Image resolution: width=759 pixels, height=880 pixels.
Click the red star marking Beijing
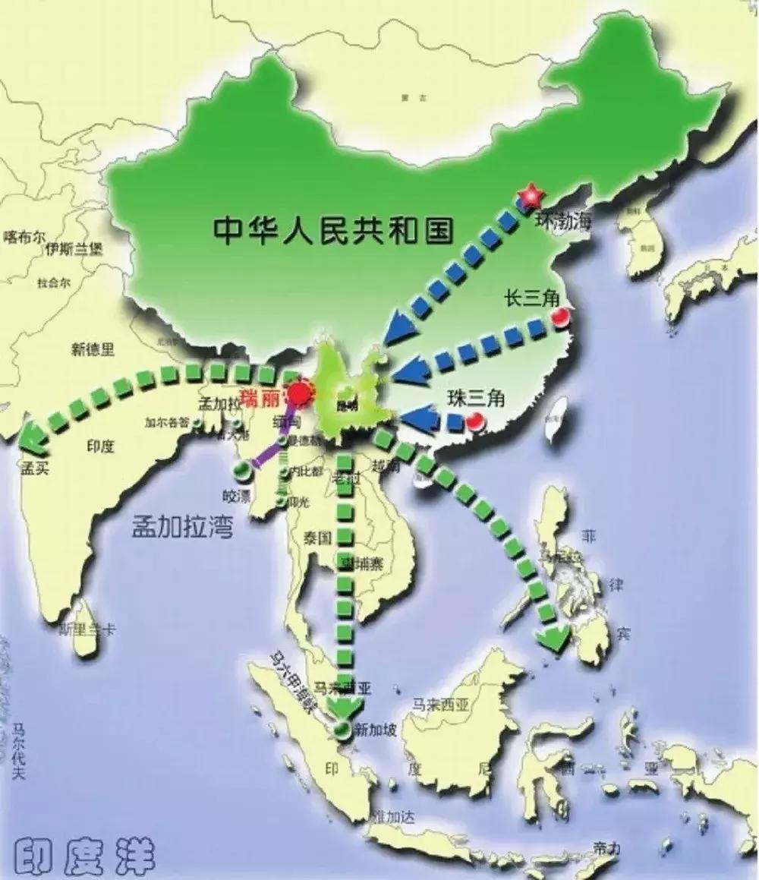[530, 197]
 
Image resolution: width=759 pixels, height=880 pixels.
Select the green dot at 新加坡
[344, 730]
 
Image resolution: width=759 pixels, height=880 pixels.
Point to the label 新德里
[93, 349]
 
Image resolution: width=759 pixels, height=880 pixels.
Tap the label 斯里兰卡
[90, 629]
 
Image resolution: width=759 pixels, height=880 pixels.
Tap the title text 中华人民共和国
[333, 229]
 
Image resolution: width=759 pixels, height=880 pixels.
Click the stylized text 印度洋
[85, 856]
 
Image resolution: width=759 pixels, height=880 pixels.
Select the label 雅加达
[394, 816]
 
